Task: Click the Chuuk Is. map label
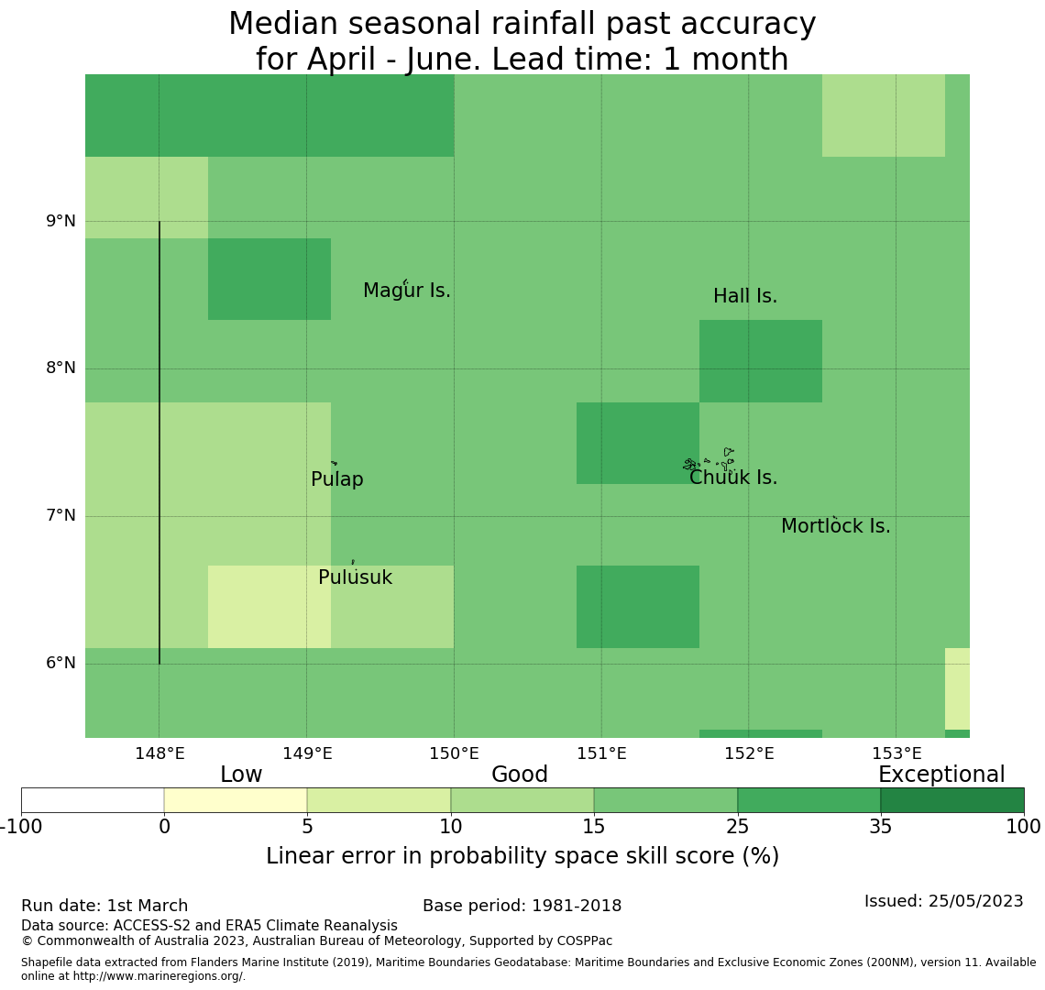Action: coord(733,478)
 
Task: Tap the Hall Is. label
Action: coord(745,297)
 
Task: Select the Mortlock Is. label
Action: coord(835,527)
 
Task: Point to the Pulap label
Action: coord(337,480)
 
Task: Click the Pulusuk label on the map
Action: coord(355,578)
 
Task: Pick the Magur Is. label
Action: coord(407,291)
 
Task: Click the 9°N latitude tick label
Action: coord(61,221)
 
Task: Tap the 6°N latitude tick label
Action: coord(61,663)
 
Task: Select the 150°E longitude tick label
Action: coord(455,754)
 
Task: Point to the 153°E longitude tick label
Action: coord(896,754)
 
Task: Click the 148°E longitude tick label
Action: coord(159,754)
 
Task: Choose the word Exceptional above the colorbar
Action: coord(941,775)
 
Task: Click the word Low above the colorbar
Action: coord(241,775)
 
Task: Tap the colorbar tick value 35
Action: coord(881,828)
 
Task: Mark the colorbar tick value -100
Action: coord(18,828)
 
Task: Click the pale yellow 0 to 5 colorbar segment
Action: coord(236,800)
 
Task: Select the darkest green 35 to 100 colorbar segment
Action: coord(952,800)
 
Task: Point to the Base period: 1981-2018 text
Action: coord(522,907)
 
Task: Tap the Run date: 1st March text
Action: coord(104,907)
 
